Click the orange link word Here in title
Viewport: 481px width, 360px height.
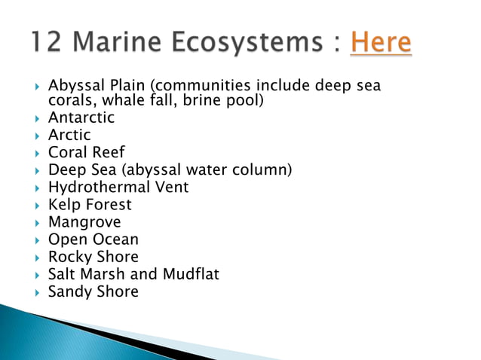click(x=381, y=42)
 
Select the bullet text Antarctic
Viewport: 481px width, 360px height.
click(x=81, y=117)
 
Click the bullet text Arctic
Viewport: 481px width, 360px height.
click(x=69, y=135)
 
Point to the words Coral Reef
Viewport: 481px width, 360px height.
click(x=87, y=152)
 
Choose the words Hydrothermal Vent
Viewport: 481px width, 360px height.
click(x=118, y=187)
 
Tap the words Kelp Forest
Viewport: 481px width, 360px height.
click(x=90, y=204)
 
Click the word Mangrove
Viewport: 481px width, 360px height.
click(x=84, y=222)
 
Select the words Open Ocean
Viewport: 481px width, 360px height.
click(x=93, y=239)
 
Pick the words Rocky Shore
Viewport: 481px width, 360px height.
click(x=93, y=257)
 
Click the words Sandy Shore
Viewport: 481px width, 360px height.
click(x=93, y=291)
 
